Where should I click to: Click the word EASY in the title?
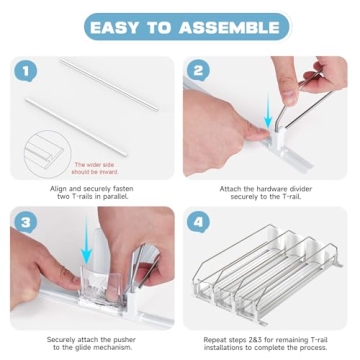pos(118,26)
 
